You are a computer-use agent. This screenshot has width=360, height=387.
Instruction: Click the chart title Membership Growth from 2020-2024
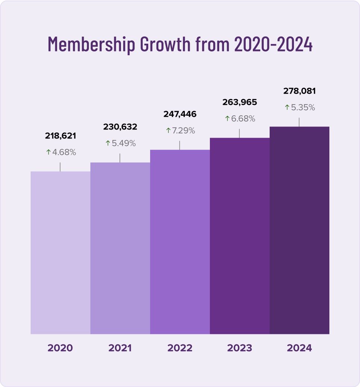click(180, 44)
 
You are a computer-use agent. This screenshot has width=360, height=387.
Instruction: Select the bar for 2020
click(60, 253)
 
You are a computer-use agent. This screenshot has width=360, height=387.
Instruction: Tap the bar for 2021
click(120, 248)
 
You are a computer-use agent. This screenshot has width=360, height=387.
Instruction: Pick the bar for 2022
click(180, 242)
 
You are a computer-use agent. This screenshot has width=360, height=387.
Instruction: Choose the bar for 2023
click(240, 236)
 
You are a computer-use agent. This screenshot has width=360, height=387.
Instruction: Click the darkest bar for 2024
click(300, 230)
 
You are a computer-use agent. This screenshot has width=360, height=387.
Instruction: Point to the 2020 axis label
click(60, 348)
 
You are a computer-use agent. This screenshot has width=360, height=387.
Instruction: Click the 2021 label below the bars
click(120, 348)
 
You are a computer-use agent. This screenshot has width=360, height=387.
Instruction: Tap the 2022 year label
click(180, 348)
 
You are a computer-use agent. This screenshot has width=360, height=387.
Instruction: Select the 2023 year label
click(239, 348)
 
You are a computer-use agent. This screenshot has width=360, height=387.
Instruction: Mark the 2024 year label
click(299, 348)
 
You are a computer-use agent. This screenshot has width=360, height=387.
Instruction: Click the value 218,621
click(60, 136)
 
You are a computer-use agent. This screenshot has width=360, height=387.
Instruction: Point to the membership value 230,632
click(120, 127)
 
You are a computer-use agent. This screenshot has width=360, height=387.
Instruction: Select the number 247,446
click(180, 114)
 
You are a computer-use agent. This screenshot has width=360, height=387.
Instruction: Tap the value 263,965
click(239, 102)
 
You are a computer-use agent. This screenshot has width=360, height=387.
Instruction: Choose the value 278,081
click(299, 91)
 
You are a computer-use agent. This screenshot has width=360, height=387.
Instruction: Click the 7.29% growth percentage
click(183, 131)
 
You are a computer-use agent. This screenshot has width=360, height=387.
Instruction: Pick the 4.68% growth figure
click(63, 152)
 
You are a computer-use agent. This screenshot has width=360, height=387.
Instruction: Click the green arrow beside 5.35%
click(287, 107)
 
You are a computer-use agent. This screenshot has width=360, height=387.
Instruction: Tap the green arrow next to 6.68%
click(227, 119)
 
